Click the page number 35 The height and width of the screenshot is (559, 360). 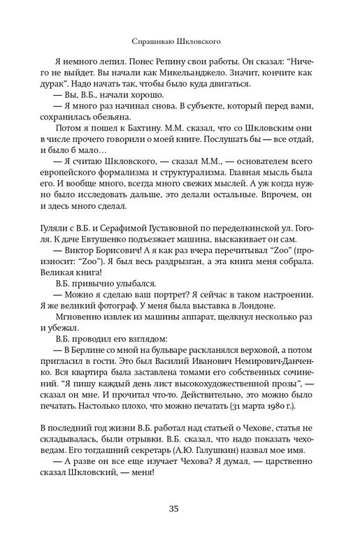tap(180, 508)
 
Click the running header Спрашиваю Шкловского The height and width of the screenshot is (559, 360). tap(180, 41)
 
